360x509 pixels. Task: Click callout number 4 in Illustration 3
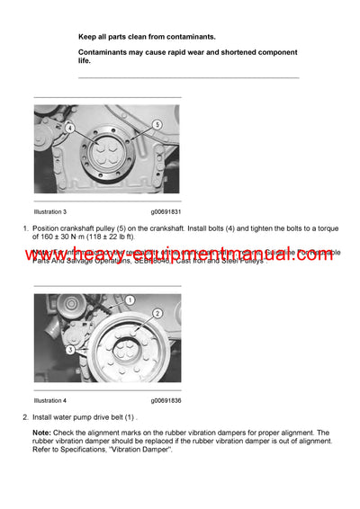[x=68, y=129]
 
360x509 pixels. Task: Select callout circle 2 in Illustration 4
[x=157, y=313]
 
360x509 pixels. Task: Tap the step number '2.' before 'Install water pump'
[x=25, y=418]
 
